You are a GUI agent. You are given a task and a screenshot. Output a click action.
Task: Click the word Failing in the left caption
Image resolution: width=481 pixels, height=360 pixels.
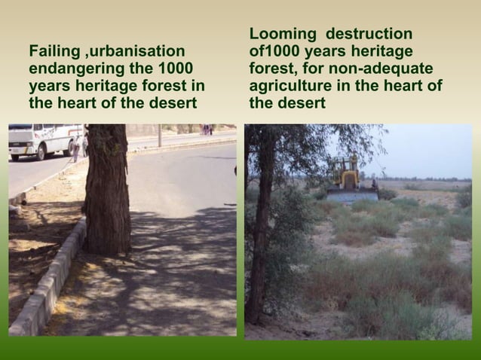click(x=55, y=51)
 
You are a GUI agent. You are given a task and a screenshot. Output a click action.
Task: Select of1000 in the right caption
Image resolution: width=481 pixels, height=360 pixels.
click(x=279, y=52)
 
